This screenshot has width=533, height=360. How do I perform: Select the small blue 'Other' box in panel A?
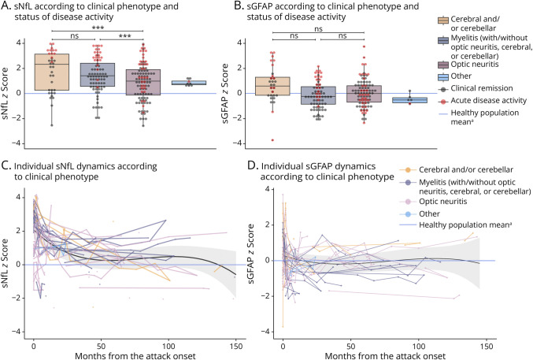[194, 83]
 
